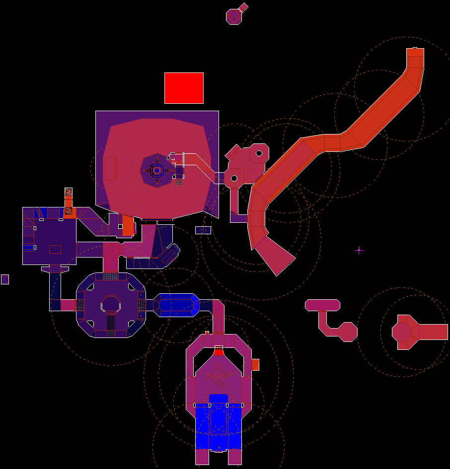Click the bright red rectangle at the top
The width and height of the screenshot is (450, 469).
point(184,88)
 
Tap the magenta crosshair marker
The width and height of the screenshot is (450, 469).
point(359,251)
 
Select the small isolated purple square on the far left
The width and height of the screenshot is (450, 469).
point(5,279)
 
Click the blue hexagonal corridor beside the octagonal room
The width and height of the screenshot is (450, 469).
point(176,305)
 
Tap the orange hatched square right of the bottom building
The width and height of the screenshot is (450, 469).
point(255,364)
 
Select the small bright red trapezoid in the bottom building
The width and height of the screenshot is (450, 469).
point(219,352)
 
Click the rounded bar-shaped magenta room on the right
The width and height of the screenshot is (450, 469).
point(322,305)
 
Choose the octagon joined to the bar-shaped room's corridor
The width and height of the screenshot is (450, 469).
point(347,332)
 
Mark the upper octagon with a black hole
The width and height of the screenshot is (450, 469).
point(258,153)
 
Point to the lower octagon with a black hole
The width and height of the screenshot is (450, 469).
point(233,178)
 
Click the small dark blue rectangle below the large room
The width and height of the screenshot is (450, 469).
point(203,230)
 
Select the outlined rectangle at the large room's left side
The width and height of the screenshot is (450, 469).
point(110,168)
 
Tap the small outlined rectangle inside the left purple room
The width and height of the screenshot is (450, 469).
point(55,249)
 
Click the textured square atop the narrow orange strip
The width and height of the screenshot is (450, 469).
point(68,192)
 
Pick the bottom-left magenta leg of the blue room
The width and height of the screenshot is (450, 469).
point(202,457)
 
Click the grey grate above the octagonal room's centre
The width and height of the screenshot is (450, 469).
point(110,276)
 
